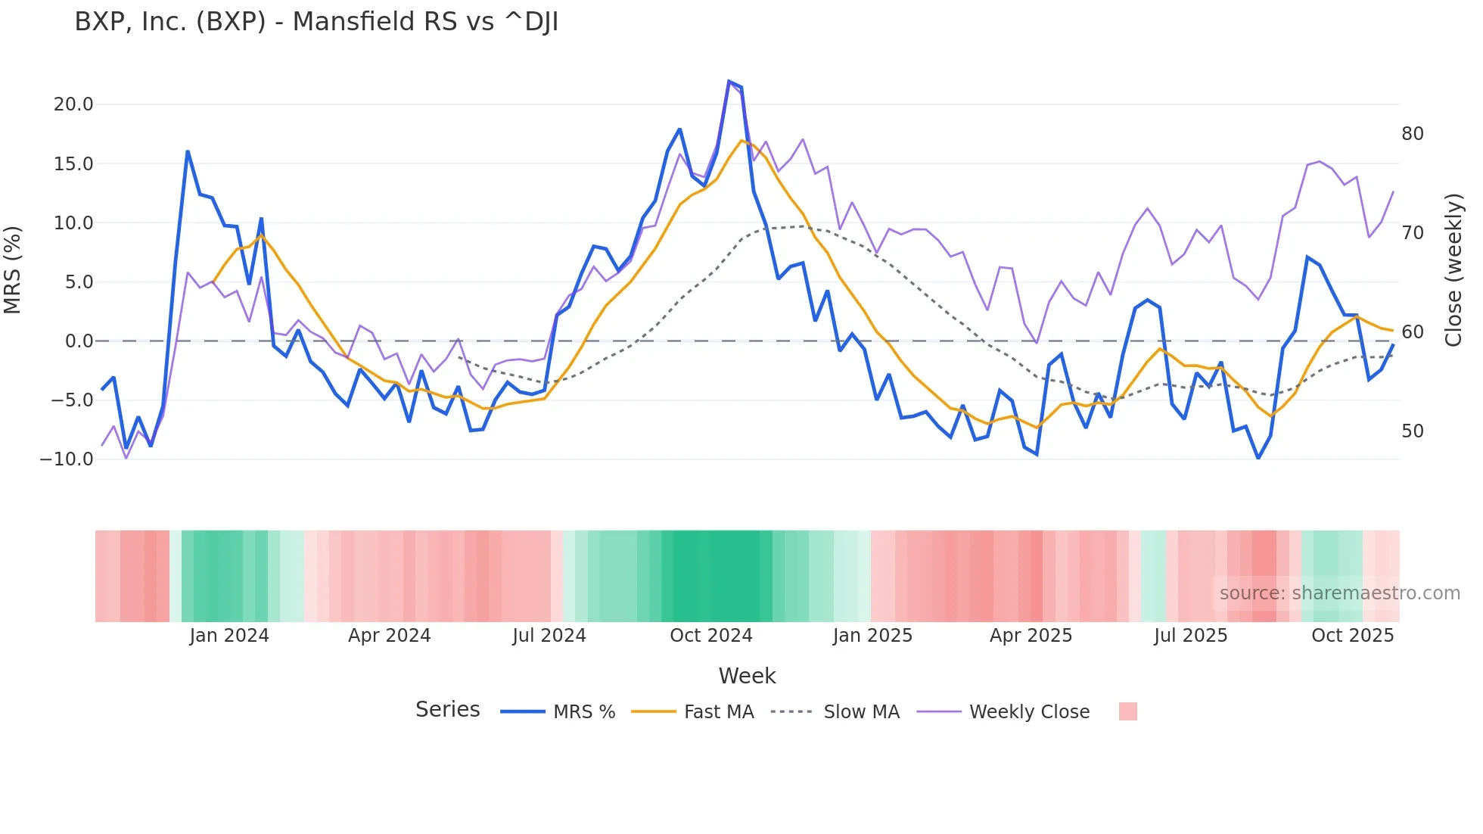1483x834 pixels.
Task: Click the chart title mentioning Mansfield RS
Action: click(316, 22)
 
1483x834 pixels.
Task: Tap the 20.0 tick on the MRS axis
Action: click(73, 104)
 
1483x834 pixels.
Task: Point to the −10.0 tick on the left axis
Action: click(67, 459)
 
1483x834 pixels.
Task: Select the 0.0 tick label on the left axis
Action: click(79, 341)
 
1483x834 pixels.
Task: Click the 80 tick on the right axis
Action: click(1412, 134)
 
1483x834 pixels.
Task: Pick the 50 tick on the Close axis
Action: click(1412, 431)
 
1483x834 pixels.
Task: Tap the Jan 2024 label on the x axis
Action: click(229, 636)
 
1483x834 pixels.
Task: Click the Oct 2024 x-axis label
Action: click(710, 636)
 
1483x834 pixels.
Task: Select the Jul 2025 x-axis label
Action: click(1190, 636)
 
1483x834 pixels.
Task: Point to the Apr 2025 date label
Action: click(1031, 636)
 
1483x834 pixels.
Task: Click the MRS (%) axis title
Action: click(13, 270)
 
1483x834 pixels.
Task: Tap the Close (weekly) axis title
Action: click(1453, 270)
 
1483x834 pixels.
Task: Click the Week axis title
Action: click(747, 676)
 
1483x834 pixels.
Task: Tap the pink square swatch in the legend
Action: click(1127, 711)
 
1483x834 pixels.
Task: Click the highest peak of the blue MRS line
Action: click(729, 82)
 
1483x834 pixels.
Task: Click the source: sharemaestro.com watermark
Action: click(1339, 593)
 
